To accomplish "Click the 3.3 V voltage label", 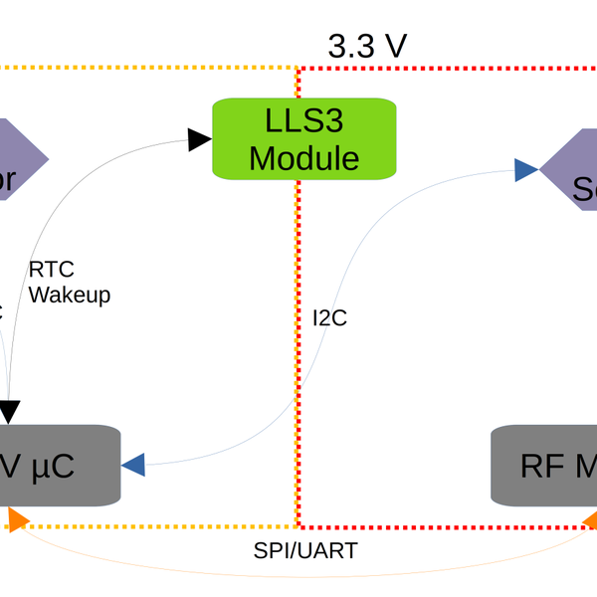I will (x=367, y=46).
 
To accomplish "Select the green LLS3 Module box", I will (x=304, y=138).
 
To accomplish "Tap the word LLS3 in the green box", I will (x=304, y=121).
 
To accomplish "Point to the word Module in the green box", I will (x=304, y=157).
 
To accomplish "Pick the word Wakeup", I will (x=70, y=295).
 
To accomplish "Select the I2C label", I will (x=329, y=318).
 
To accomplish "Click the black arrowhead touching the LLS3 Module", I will (x=200, y=141).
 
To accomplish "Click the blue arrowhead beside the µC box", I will (x=133, y=464).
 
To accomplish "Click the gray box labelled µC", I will (x=60, y=464).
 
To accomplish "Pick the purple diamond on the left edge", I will (x=20, y=159).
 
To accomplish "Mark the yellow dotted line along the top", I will (x=149, y=69).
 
